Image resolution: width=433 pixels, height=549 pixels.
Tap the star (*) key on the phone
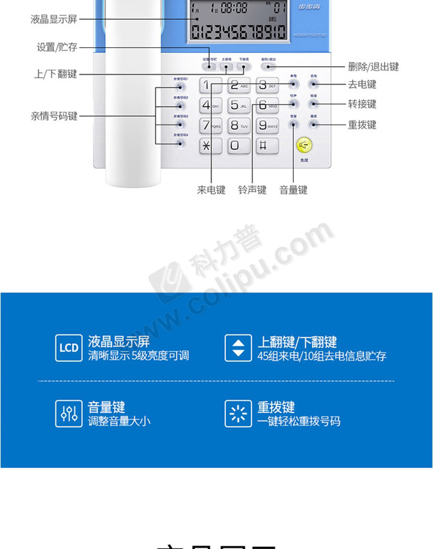pos(207,145)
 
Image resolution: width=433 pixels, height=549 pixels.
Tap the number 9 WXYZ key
pos(267,126)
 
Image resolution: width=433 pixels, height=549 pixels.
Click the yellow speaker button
pos(304,145)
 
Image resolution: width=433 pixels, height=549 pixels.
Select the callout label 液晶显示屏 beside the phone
pos(54,20)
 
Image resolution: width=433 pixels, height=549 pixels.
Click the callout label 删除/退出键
pos(373,67)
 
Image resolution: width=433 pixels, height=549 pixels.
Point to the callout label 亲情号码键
pos(54,116)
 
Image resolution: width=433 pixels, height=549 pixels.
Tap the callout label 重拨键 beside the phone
pos(362,125)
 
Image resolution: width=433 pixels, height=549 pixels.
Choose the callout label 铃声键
pos(252,190)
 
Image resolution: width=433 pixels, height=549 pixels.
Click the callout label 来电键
pos(212,190)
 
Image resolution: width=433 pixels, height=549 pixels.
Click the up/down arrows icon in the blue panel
pos(238,348)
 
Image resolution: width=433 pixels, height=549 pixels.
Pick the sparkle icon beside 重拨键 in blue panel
pos(238,414)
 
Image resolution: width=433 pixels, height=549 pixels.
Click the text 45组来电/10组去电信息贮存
pos(322,356)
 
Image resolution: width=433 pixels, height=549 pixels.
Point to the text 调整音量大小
pos(119,422)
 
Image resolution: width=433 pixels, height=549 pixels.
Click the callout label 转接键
pos(362,104)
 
